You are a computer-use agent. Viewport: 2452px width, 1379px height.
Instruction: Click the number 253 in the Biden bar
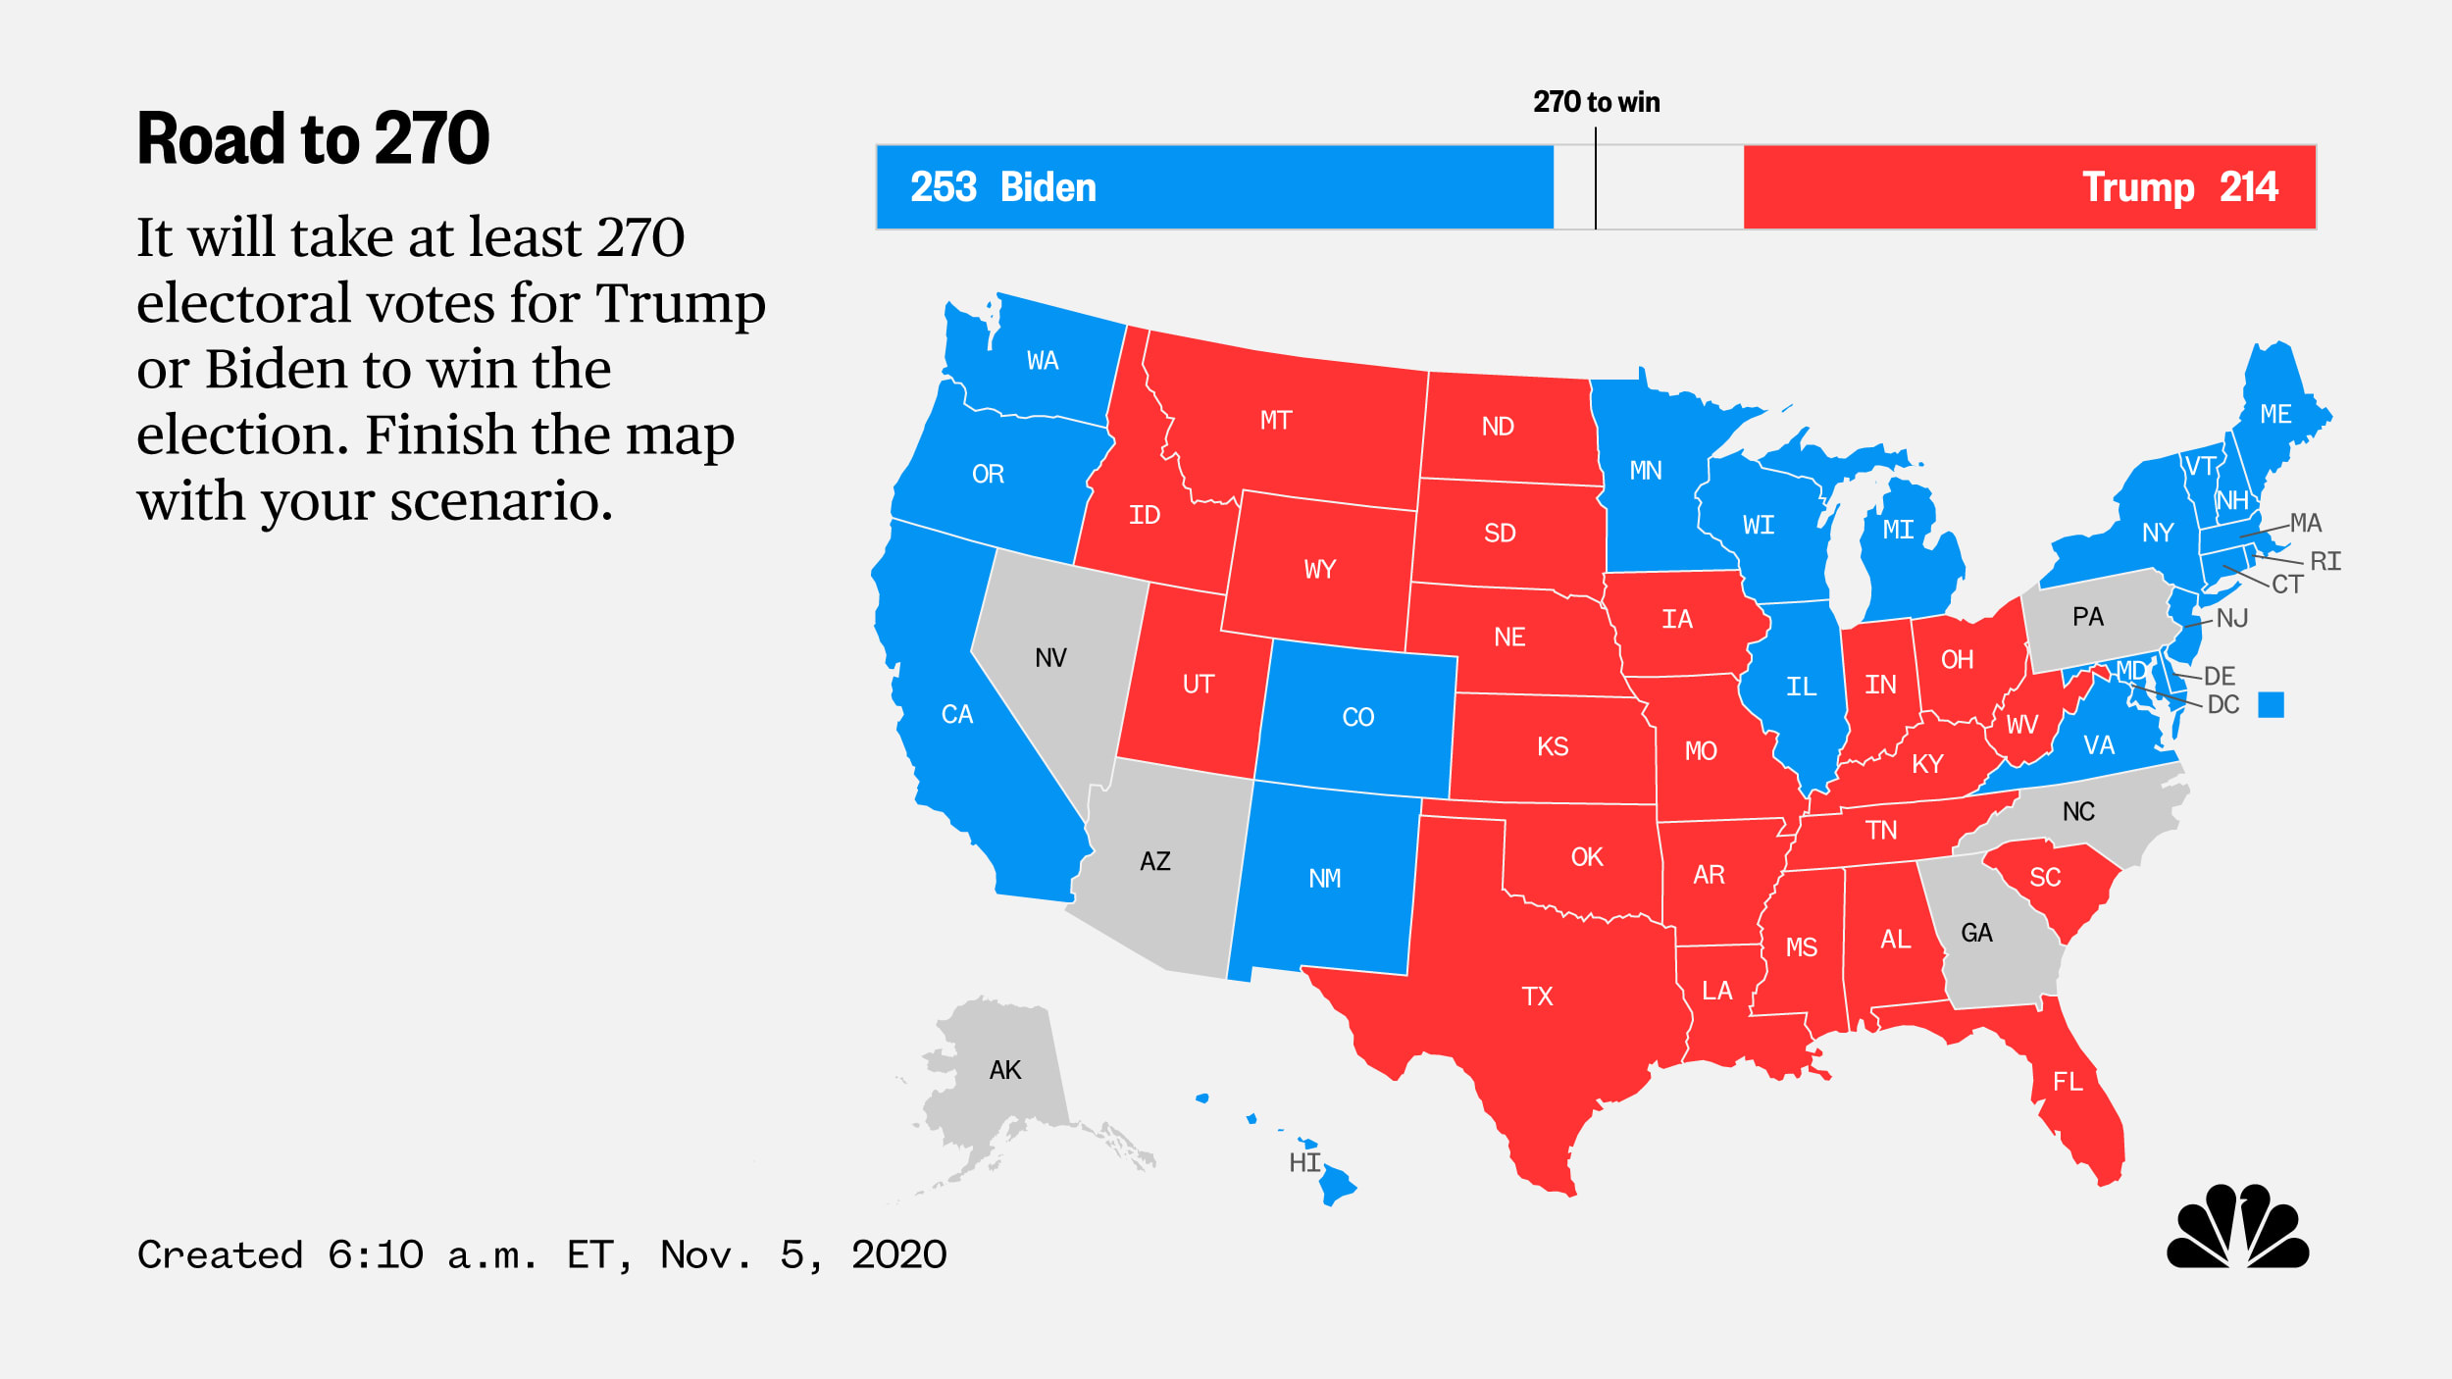(943, 187)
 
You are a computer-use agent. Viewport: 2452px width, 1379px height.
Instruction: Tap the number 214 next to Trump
(2248, 187)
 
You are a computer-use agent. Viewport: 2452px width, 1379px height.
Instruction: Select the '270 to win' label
(1596, 102)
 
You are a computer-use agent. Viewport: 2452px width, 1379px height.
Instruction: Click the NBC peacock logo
(2237, 1227)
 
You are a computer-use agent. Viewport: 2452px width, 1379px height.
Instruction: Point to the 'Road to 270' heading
(313, 138)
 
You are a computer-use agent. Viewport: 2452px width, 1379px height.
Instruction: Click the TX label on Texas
(1537, 996)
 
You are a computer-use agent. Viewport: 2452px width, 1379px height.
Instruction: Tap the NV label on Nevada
(1050, 657)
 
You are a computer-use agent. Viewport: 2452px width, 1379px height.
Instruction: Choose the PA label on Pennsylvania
(2087, 617)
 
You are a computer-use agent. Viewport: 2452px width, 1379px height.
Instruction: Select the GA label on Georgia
(1976, 933)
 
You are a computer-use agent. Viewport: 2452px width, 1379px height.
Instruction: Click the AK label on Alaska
(1005, 1070)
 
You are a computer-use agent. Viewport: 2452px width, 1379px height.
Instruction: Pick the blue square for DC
(2271, 704)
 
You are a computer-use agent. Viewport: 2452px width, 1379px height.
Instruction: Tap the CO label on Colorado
(1357, 717)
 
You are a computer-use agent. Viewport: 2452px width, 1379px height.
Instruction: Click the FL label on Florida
(2068, 1082)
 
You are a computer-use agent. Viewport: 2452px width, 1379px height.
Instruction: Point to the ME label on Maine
(2275, 414)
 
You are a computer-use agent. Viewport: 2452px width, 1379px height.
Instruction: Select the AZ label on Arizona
(1154, 861)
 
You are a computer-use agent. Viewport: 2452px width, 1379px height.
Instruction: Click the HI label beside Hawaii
(1304, 1162)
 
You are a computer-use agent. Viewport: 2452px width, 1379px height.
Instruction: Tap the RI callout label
(2325, 561)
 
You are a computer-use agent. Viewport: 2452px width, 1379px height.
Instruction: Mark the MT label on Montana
(1275, 421)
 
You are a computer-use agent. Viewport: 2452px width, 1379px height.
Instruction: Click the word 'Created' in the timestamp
(220, 1254)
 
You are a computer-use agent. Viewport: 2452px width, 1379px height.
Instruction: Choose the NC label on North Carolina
(2078, 811)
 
